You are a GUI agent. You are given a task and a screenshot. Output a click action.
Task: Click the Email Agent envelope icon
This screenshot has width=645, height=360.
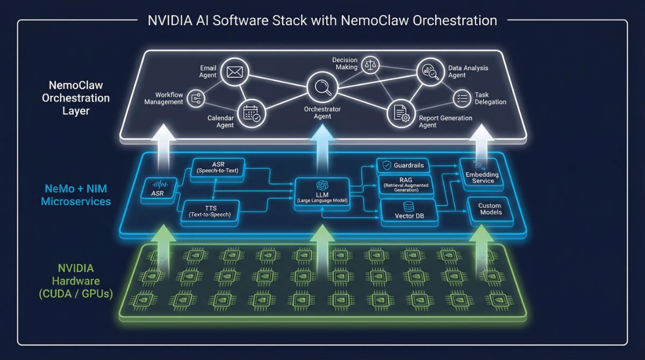point(234,71)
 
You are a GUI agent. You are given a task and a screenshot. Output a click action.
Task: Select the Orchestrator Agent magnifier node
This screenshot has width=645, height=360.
point(322,87)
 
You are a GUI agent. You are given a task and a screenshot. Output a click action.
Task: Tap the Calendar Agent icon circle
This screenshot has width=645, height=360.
point(251,114)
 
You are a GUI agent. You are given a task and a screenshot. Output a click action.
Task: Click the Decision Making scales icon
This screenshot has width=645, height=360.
point(370,65)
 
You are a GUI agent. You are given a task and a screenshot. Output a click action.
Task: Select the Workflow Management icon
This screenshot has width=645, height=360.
point(196,98)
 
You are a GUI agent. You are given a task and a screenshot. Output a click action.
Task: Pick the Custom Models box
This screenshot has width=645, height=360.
point(490,209)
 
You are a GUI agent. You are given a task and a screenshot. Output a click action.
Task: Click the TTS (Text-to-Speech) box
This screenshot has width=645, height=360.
point(210,210)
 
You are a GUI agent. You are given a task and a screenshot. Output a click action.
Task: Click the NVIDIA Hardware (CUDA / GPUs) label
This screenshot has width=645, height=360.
point(76,281)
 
